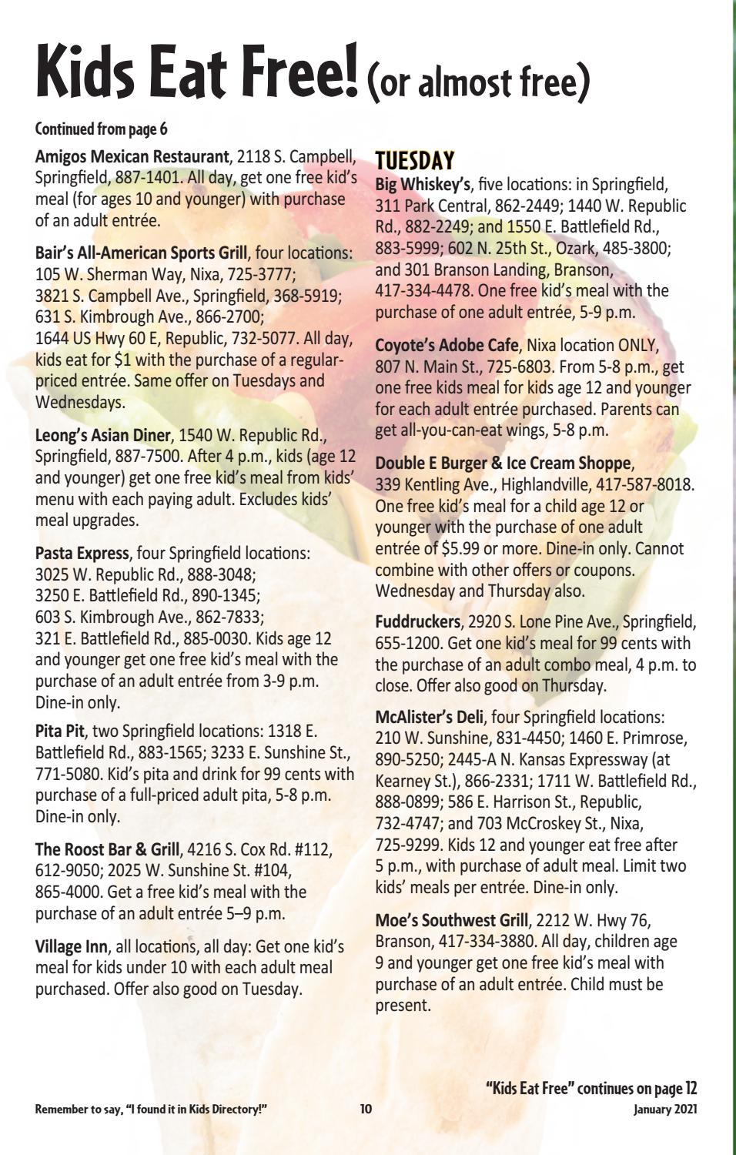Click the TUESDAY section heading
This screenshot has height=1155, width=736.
[414, 160]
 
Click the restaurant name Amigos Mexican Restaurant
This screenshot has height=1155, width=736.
[132, 157]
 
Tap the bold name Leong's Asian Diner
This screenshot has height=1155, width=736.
[102, 435]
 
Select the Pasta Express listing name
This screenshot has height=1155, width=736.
[82, 553]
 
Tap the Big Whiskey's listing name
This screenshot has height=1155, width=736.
[423, 185]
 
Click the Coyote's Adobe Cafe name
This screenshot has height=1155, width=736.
[447, 345]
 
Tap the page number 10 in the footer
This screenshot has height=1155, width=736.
[366, 1109]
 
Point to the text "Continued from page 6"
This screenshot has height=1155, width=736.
[101, 128]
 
